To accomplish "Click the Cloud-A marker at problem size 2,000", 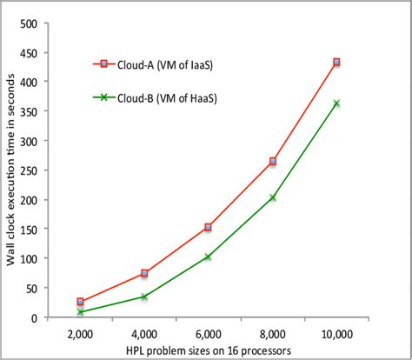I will pos(80,302).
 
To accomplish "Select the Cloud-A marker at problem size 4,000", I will pos(143,273).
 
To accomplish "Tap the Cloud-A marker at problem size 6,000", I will pos(208,227).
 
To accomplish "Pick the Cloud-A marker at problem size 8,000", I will pos(272,162).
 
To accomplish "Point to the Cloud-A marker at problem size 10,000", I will pos(336,63).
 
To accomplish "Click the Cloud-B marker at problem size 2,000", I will pos(80,311).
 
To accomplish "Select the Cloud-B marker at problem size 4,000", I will pos(143,297).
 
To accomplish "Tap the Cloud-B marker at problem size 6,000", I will pos(208,257).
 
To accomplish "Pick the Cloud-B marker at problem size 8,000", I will pos(272,197).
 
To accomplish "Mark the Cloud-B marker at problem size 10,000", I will pos(336,103).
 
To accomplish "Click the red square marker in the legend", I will pos(103,63).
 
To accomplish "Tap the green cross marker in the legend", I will pos(103,97).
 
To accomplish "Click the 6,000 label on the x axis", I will pos(208,334).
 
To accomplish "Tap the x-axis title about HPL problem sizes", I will pos(209,350).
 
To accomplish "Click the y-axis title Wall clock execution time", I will pos(10,170).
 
